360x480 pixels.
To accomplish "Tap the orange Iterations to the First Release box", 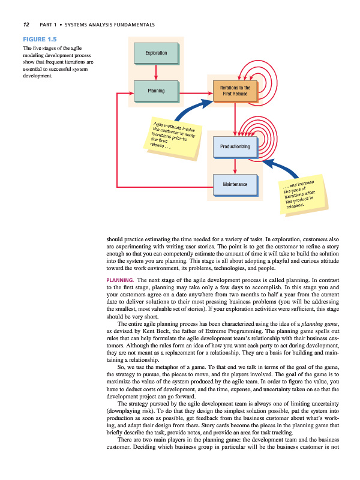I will click(235, 91).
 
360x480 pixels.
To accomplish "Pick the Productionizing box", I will click(235, 147).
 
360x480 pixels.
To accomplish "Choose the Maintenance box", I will click(235, 183).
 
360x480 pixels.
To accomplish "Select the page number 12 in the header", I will click(26, 25).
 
